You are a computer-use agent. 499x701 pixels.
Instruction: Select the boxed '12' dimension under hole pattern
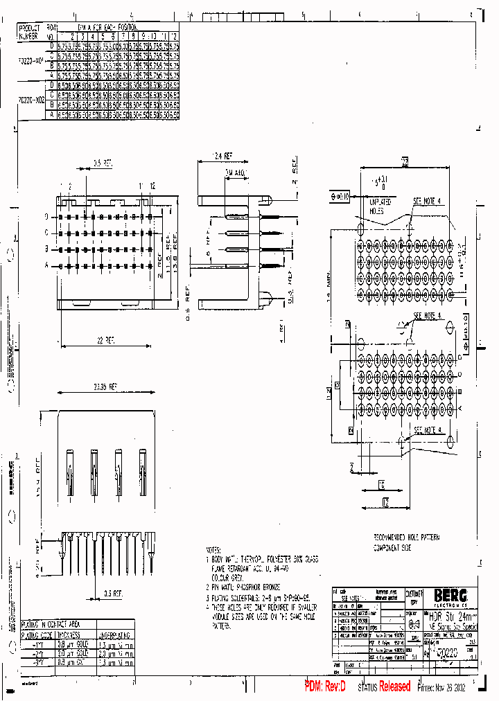click(385, 500)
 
